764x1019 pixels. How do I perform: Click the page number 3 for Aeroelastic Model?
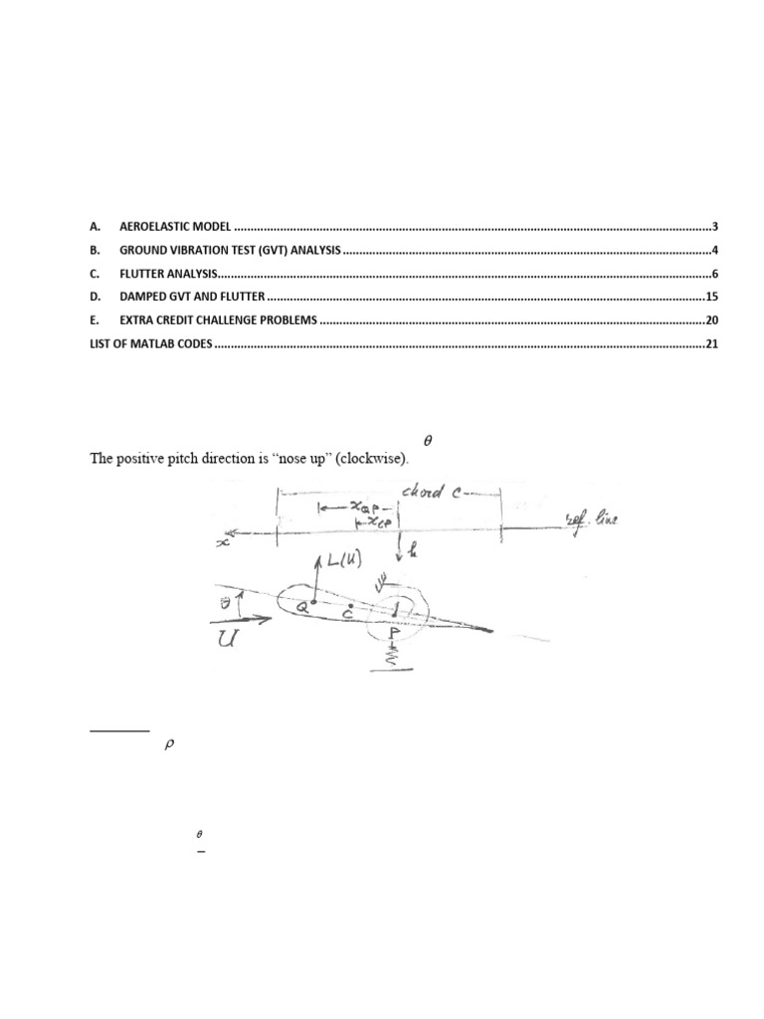tap(715, 227)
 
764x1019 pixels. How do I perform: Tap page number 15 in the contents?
tap(711, 297)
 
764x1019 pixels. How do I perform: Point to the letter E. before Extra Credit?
tap(95, 320)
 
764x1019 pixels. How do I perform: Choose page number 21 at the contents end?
tap(711, 344)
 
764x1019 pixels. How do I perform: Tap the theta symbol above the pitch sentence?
tap(429, 439)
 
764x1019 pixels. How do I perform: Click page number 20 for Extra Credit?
tap(711, 320)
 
